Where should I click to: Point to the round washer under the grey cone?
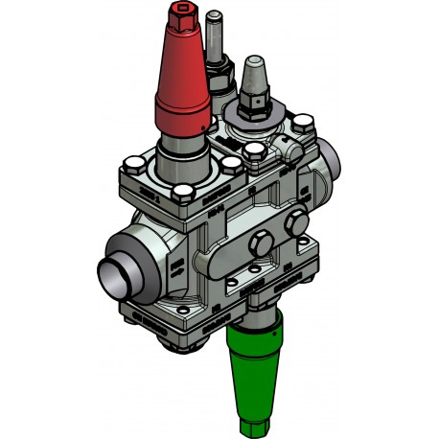pyautogui.click(x=257, y=118)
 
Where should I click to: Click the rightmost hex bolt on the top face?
pyautogui.click(x=306, y=124)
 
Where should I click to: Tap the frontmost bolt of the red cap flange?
pyautogui.click(x=182, y=196)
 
